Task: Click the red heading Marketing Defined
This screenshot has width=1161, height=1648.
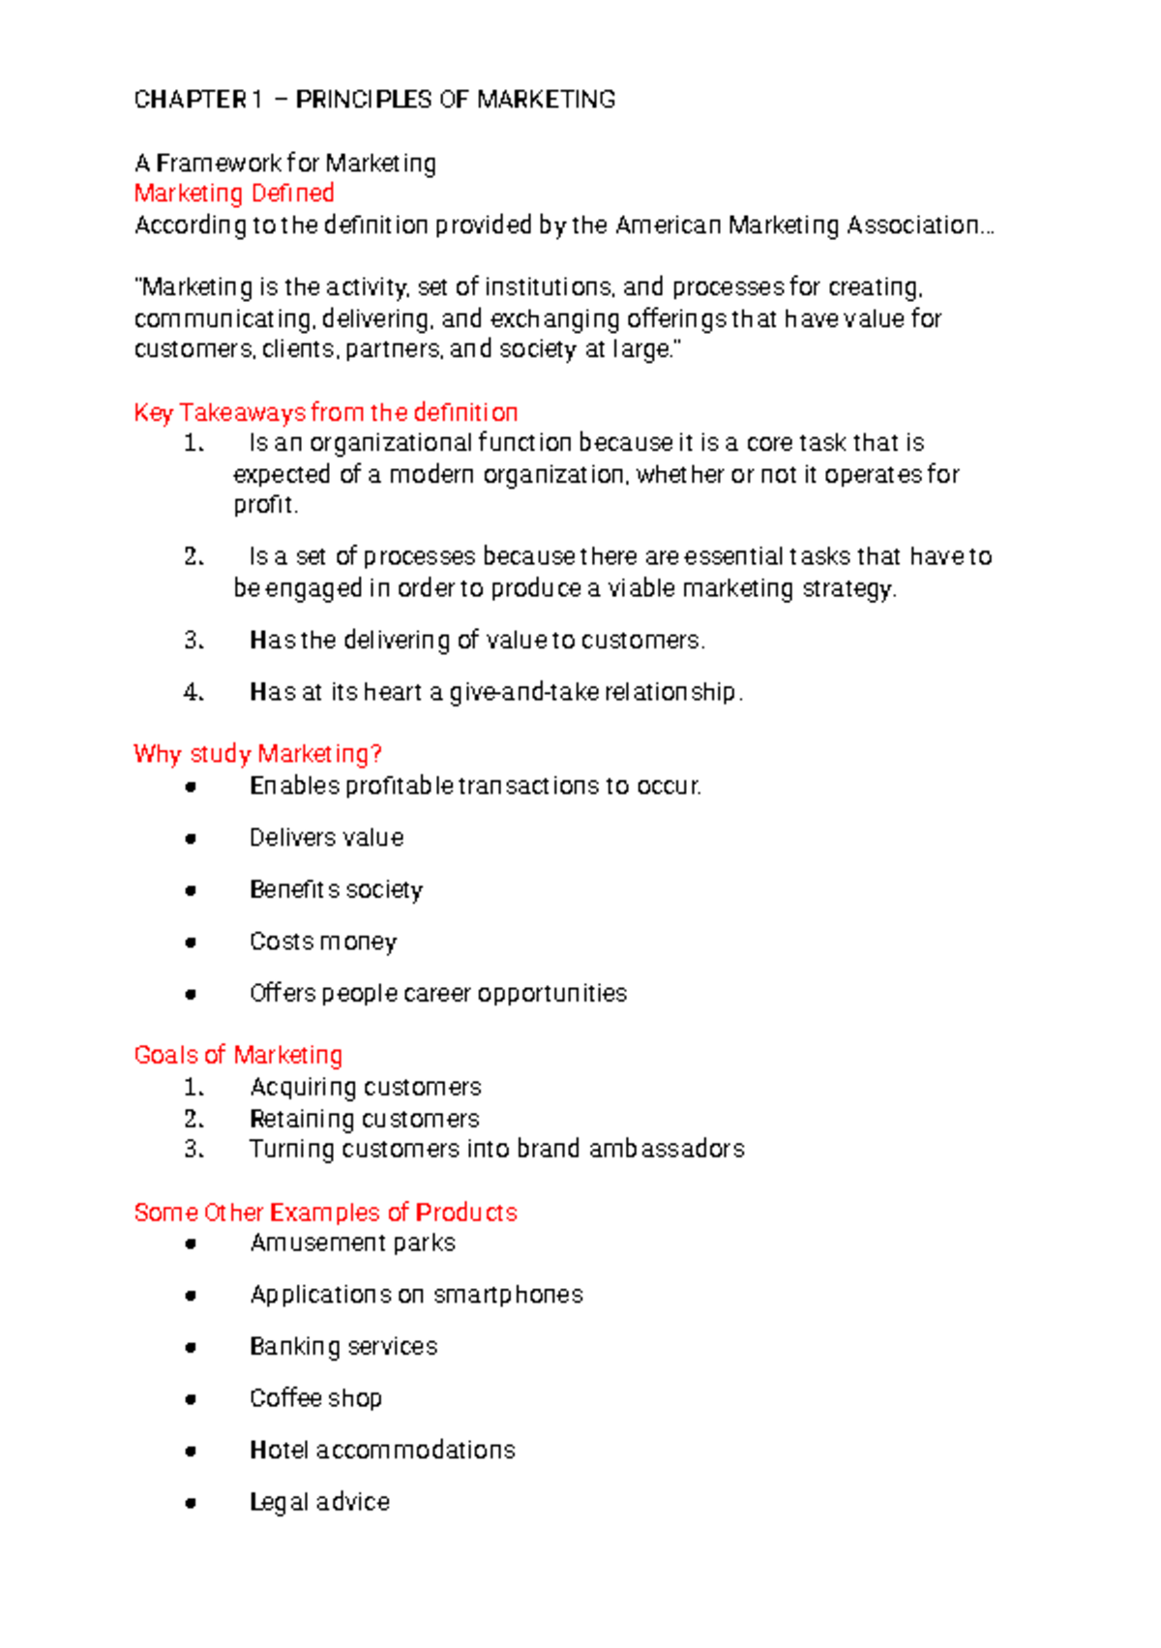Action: (234, 194)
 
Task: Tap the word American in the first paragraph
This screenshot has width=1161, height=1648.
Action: (669, 225)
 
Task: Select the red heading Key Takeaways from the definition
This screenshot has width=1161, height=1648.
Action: (326, 413)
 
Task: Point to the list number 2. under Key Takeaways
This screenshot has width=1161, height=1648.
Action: (193, 556)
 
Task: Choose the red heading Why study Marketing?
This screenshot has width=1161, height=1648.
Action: (258, 754)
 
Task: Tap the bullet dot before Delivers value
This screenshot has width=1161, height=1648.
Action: (191, 839)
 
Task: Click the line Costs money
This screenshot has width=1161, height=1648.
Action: (323, 942)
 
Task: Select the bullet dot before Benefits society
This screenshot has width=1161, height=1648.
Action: (191, 890)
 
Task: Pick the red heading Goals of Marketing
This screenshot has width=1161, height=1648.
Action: (238, 1055)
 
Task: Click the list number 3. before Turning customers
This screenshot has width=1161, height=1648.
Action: (193, 1150)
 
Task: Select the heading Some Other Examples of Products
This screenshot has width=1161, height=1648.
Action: (325, 1213)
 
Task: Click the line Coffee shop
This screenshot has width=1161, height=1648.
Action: (315, 1398)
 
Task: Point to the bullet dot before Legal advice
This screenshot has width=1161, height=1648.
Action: (191, 1504)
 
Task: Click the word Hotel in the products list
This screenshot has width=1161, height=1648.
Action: (279, 1451)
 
